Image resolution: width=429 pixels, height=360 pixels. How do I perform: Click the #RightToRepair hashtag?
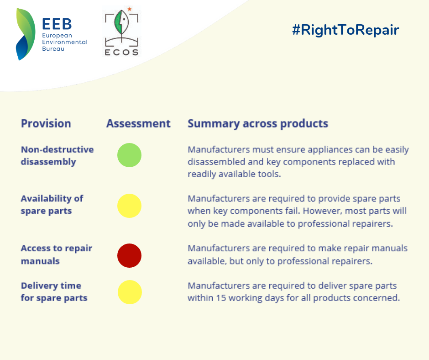tap(345, 30)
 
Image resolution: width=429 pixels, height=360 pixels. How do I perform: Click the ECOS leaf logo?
tap(121, 32)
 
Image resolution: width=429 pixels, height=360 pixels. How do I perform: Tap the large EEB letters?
tap(57, 24)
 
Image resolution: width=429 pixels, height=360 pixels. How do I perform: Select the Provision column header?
tap(46, 123)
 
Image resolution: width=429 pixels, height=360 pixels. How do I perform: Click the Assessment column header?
tap(138, 123)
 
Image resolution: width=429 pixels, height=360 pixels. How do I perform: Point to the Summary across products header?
tap(258, 124)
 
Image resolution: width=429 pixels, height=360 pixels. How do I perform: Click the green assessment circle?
tap(130, 155)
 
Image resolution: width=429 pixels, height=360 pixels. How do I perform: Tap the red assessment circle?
tap(130, 256)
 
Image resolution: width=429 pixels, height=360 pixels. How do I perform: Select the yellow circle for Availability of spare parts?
tap(130, 206)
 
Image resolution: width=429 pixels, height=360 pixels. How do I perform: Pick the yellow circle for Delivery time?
tap(130, 292)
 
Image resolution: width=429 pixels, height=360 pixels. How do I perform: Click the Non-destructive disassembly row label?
tap(58, 156)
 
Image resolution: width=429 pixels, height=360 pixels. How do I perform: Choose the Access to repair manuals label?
tap(57, 254)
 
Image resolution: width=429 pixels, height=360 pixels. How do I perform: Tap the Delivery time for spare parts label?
tap(54, 292)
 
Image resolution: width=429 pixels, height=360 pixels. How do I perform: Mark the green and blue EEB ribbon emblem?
tap(26, 34)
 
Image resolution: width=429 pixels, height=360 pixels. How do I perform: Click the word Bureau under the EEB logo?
tap(53, 49)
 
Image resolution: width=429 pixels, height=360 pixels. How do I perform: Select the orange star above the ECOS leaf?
tap(130, 9)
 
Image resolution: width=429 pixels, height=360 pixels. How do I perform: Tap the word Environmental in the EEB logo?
tap(65, 42)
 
